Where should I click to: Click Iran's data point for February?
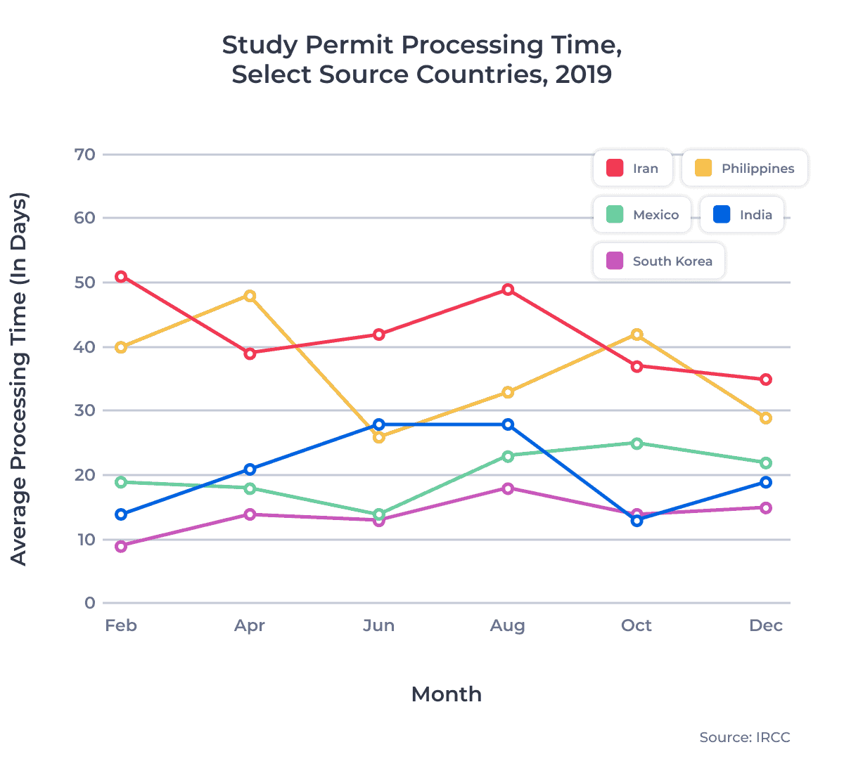click(x=121, y=277)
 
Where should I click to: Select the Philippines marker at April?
click(x=250, y=296)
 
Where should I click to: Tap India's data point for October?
click(x=637, y=521)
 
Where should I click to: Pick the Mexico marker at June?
click(x=379, y=514)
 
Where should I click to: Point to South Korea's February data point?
click(x=121, y=546)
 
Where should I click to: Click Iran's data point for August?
click(x=508, y=290)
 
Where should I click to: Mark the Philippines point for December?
click(x=766, y=418)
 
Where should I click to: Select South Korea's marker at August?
click(x=508, y=488)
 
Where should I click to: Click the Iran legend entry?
click(x=632, y=169)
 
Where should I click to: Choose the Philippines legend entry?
click(x=745, y=169)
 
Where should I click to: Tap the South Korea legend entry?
click(x=659, y=261)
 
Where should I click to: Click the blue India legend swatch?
click(x=722, y=215)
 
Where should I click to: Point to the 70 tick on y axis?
click(x=85, y=155)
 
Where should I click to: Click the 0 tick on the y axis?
click(x=89, y=603)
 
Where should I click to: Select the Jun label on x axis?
click(x=378, y=625)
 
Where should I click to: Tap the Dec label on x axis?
click(x=765, y=625)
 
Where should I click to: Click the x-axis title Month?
click(x=446, y=694)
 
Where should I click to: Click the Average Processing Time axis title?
click(x=19, y=379)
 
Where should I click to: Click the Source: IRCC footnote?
click(x=744, y=737)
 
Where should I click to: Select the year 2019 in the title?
click(x=583, y=74)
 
